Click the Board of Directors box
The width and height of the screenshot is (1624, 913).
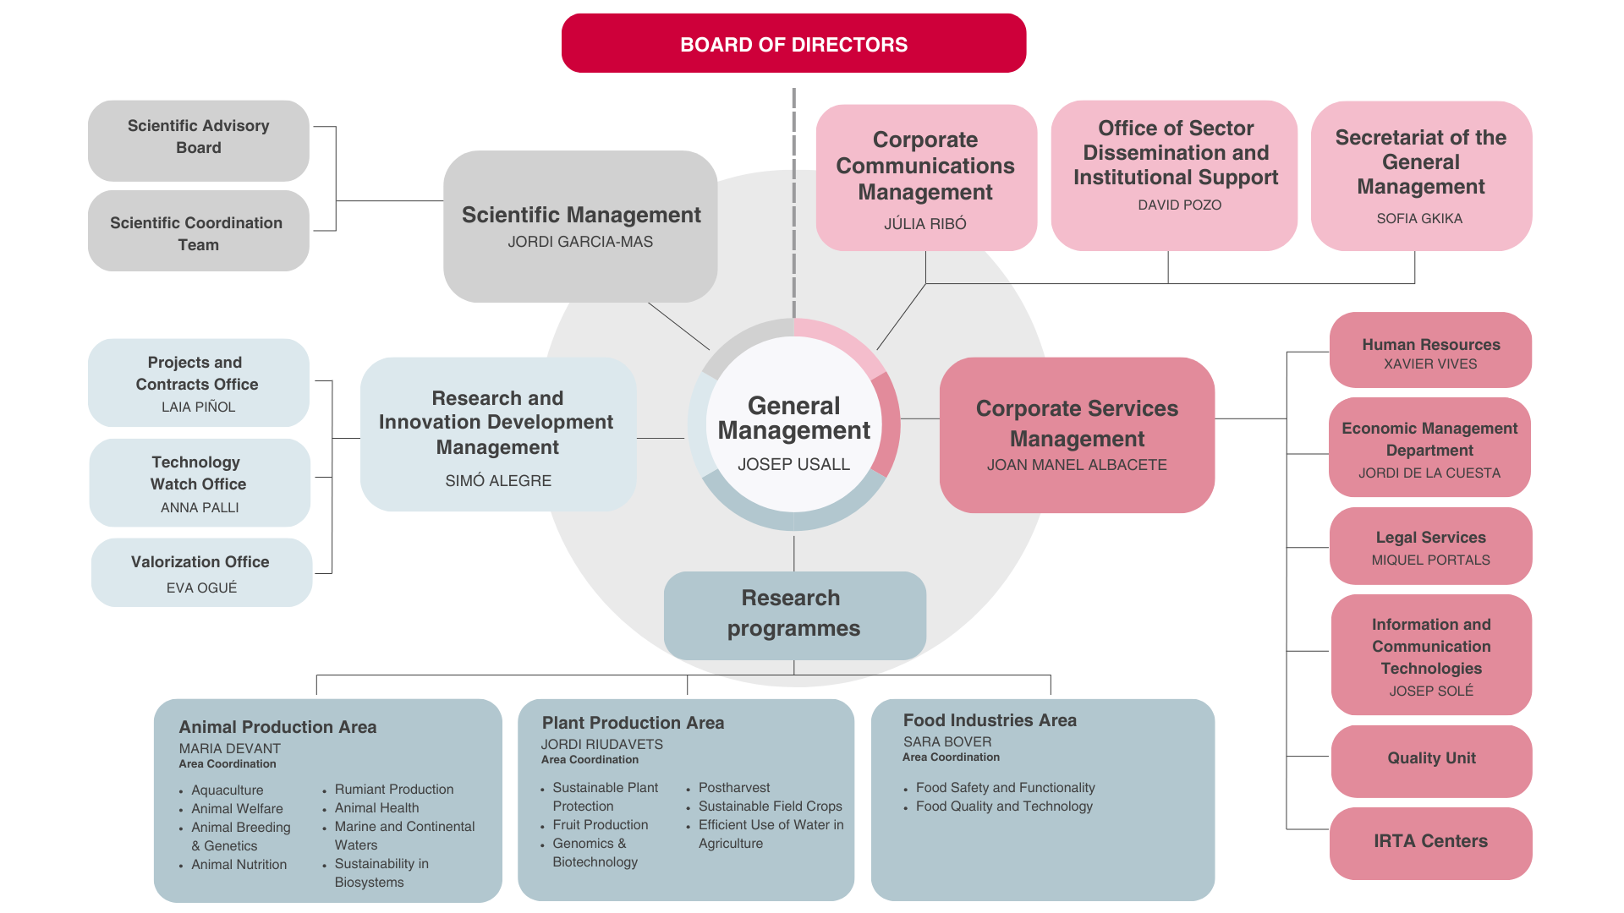click(793, 44)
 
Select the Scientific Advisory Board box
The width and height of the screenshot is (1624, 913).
click(199, 138)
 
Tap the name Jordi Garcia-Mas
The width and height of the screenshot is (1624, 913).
click(580, 242)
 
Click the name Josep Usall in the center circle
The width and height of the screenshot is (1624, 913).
click(793, 464)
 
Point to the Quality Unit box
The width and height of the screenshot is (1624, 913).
click(1431, 759)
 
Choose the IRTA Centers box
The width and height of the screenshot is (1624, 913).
click(1430, 842)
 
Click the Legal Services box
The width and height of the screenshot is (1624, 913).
click(1430, 546)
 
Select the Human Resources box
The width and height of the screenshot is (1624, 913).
click(1430, 351)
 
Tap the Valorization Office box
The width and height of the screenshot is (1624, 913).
click(201, 572)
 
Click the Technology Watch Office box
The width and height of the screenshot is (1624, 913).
click(200, 483)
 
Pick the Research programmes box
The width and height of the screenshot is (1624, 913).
click(794, 614)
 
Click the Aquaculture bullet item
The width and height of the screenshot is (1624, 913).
click(227, 790)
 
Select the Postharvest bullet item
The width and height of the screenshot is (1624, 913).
click(734, 788)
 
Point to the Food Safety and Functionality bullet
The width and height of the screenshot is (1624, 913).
click(1005, 788)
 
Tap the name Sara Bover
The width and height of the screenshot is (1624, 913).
click(947, 741)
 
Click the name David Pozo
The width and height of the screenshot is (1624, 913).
click(1179, 205)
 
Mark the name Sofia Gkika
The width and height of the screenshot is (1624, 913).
click(1419, 218)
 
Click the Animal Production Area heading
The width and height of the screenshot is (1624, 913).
click(277, 727)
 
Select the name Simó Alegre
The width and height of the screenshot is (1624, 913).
click(498, 481)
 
